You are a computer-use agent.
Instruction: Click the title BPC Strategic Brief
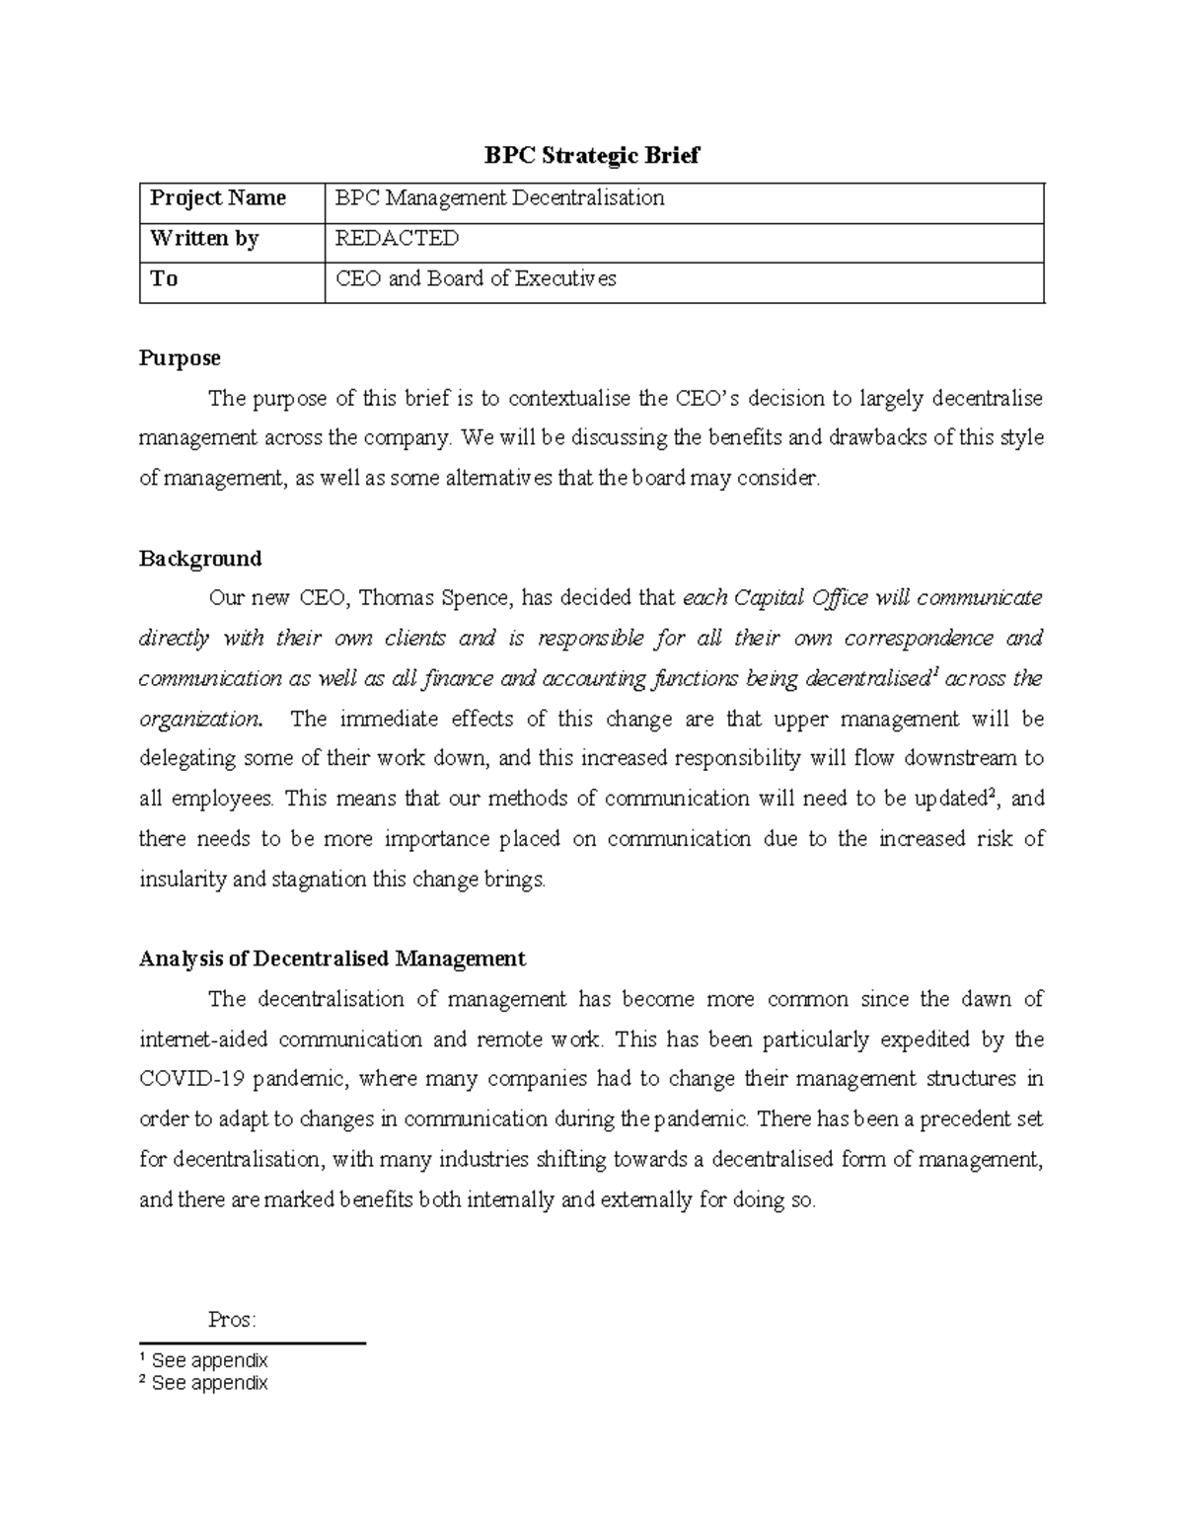click(591, 156)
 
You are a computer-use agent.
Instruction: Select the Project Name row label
click(218, 198)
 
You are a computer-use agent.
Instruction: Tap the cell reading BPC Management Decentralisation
click(499, 198)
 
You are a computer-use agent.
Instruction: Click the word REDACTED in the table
click(397, 239)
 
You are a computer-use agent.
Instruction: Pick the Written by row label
click(204, 239)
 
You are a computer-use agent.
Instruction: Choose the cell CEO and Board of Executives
click(476, 279)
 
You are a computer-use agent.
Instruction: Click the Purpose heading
click(180, 357)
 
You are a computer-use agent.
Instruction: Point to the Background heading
click(200, 559)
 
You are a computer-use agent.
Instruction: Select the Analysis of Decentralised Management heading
click(333, 958)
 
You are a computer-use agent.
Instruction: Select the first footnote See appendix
click(209, 1361)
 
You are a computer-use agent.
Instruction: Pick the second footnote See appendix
click(209, 1383)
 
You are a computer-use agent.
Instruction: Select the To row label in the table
click(164, 279)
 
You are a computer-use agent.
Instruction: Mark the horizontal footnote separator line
click(253, 1343)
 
